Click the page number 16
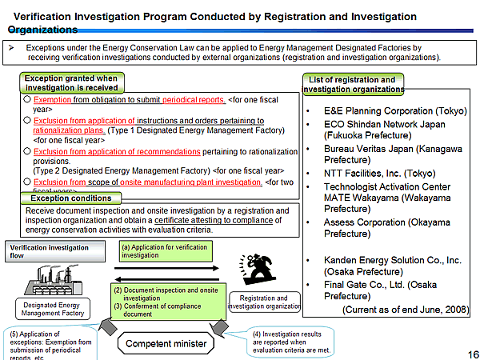click(471, 353)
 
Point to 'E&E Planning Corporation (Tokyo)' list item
click(390, 110)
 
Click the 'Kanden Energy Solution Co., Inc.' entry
click(392, 260)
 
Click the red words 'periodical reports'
click(194, 100)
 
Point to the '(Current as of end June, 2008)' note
click(405, 309)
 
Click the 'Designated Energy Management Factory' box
click(47, 309)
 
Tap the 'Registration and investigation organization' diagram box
click(264, 302)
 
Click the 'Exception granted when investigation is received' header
click(71, 83)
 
